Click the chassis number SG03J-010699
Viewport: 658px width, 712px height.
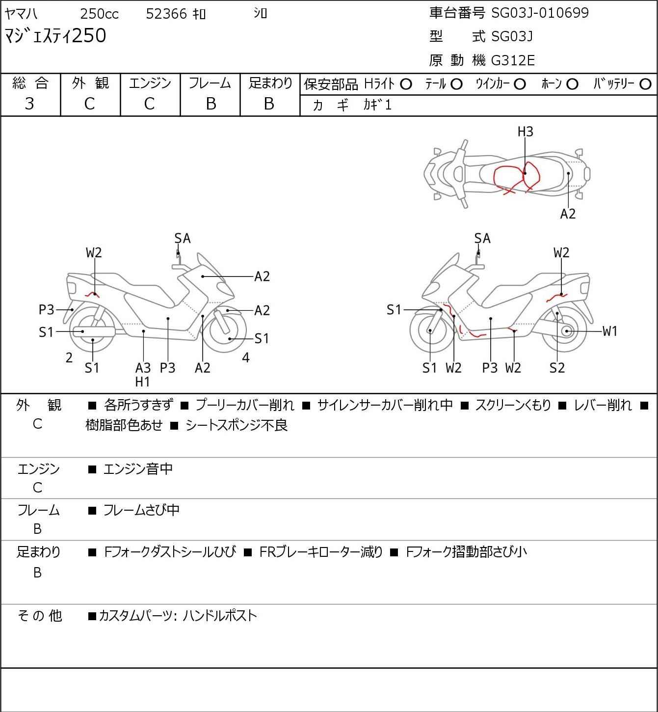click(x=540, y=13)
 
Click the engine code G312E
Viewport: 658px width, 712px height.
click(x=513, y=60)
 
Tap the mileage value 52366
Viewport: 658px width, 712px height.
click(x=166, y=14)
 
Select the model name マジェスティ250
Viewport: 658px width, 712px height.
click(x=55, y=36)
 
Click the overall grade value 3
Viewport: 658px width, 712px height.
click(x=29, y=104)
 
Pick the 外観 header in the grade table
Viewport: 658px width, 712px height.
click(x=90, y=83)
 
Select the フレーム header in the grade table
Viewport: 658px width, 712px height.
click(x=210, y=83)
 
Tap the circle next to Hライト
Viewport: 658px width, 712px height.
click(x=406, y=84)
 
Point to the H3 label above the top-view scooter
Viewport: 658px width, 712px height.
click(x=525, y=132)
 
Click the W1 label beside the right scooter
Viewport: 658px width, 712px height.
click(x=610, y=331)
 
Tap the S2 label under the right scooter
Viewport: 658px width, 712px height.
click(x=557, y=368)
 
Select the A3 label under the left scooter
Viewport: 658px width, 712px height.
click(x=143, y=368)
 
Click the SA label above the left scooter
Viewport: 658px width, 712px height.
click(x=183, y=239)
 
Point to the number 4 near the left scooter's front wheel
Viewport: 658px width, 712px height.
click(x=246, y=358)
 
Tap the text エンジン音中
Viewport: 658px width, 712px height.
click(x=138, y=469)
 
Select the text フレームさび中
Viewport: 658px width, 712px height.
click(x=141, y=511)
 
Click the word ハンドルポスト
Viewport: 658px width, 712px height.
click(x=220, y=616)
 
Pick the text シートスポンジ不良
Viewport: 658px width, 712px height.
click(x=237, y=425)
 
